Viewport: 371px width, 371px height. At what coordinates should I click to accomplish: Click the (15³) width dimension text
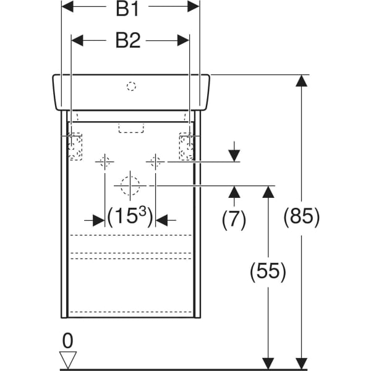[129, 218]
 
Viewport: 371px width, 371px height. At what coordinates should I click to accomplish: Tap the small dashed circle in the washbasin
[131, 87]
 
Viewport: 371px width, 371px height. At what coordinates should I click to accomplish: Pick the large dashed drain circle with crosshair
[129, 185]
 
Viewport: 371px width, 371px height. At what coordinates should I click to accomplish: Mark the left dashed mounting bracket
[75, 147]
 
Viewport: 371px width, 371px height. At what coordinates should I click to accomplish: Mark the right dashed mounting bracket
[185, 147]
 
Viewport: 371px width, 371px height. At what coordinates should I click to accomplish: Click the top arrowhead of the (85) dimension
[301, 81]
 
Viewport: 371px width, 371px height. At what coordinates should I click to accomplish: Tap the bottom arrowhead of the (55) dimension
[268, 364]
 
